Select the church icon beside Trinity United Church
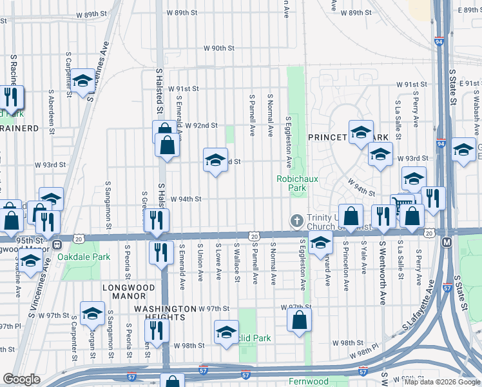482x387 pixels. coord(296,221)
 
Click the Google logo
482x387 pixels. coord(21,379)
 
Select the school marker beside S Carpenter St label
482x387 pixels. coord(82,81)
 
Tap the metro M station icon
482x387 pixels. coord(447,242)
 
